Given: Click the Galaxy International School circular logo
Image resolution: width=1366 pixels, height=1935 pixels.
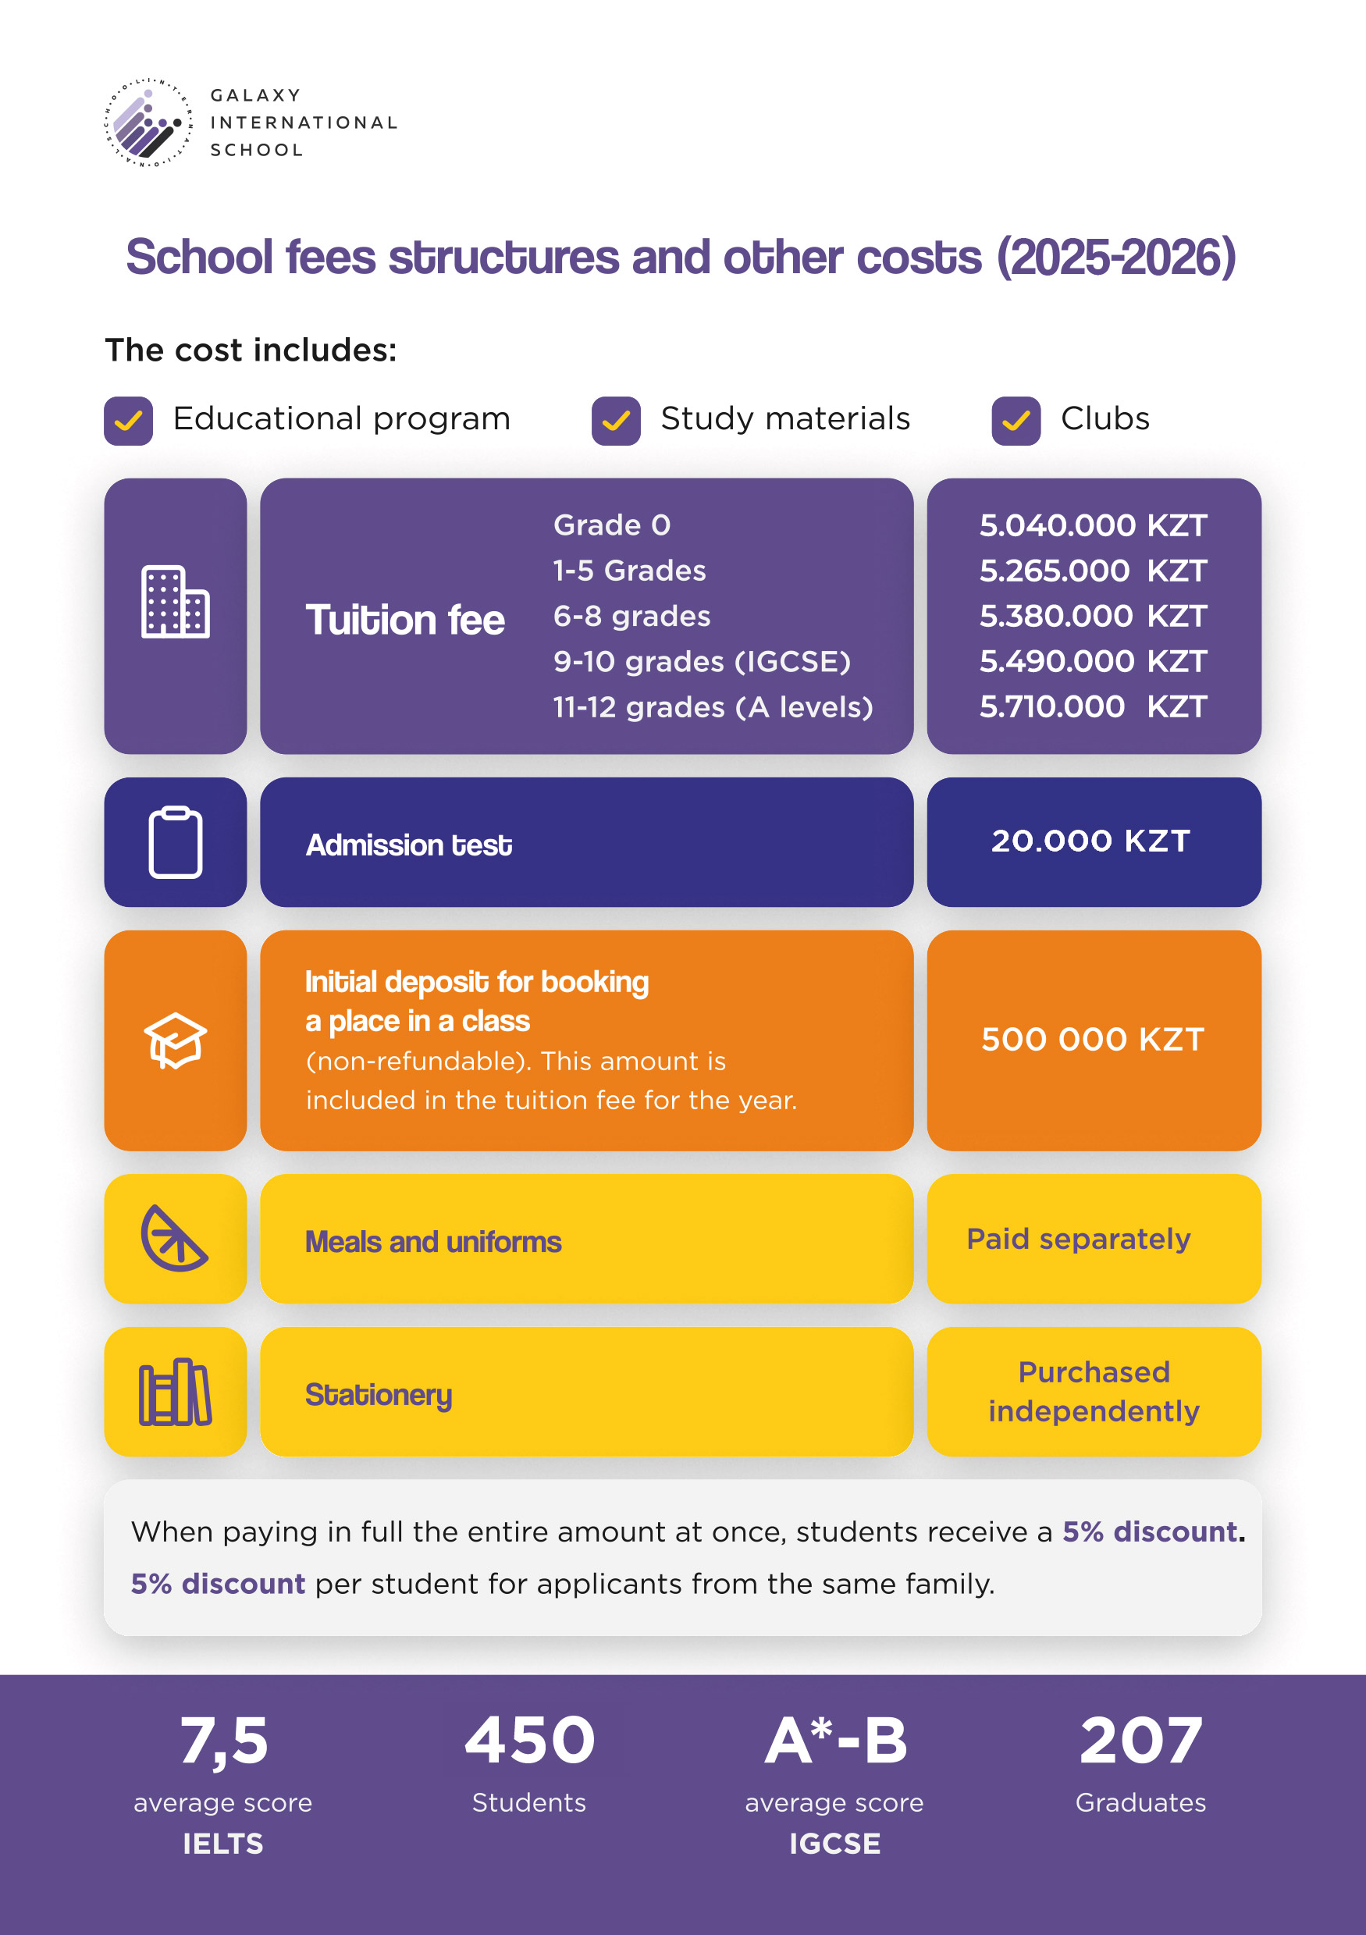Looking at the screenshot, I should (x=148, y=123).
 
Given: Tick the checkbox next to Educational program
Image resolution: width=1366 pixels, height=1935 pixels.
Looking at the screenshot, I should (x=128, y=421).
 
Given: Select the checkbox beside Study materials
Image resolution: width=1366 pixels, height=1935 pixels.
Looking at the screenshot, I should (x=615, y=421).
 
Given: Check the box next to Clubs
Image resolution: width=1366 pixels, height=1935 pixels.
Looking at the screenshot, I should (x=1016, y=421).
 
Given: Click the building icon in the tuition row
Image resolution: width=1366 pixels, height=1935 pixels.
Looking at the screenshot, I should (x=176, y=602).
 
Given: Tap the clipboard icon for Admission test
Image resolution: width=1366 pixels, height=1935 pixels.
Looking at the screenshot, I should (x=176, y=842).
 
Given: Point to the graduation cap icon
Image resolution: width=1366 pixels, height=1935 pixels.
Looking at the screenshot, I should (x=176, y=1040).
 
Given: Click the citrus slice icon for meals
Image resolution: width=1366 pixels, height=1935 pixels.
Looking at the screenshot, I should (x=173, y=1238).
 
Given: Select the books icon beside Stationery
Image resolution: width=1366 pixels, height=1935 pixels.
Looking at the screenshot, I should (x=176, y=1392).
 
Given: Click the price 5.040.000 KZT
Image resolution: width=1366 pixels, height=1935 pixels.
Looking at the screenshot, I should (x=1093, y=526).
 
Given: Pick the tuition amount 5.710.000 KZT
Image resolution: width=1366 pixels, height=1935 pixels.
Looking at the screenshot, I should (x=1093, y=706).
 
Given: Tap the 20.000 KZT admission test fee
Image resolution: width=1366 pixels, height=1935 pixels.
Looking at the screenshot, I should (x=1090, y=840).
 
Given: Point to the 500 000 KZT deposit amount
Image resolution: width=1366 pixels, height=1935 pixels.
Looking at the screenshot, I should (x=1093, y=1039).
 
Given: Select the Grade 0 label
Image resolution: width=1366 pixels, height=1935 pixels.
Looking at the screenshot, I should (x=612, y=525).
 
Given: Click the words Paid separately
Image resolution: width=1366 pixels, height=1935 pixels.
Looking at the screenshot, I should (x=1079, y=1239).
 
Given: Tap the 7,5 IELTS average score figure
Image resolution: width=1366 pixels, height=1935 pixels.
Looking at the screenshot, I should (x=224, y=1741).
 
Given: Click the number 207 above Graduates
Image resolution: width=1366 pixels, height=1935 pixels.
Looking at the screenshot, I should (x=1141, y=1741).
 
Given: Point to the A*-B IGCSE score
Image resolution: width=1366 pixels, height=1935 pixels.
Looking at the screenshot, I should (x=836, y=1741).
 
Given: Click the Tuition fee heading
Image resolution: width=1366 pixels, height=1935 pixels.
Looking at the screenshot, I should (x=405, y=621).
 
